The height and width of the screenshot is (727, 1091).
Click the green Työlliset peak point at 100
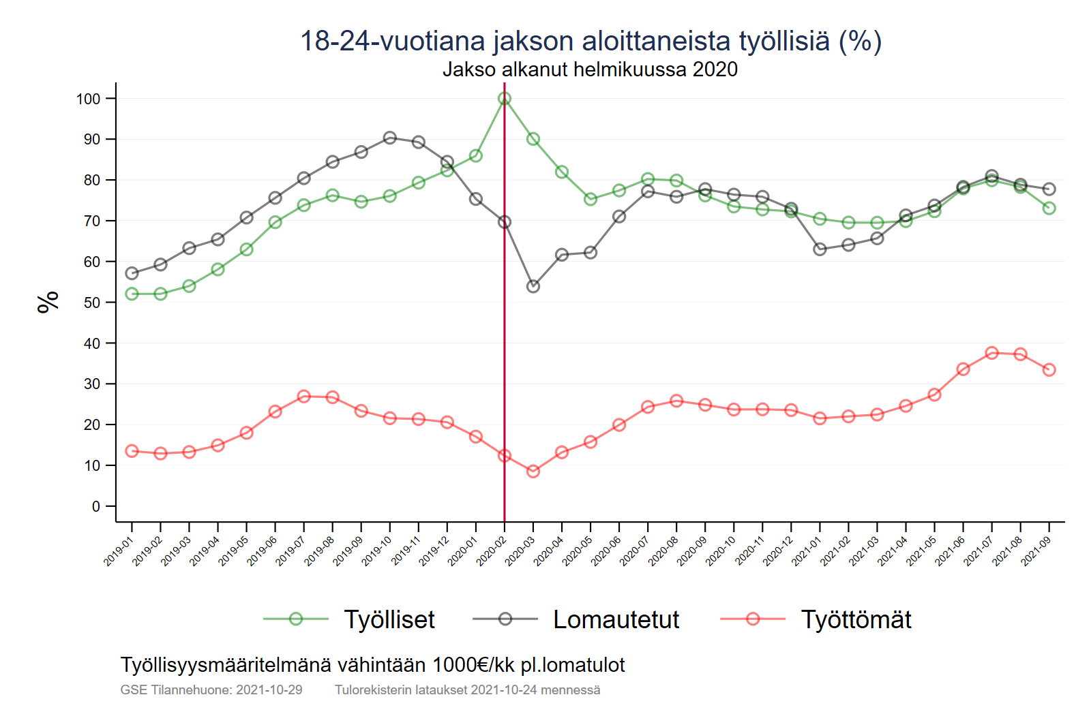[505, 99]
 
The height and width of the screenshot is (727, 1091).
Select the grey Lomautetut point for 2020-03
[533, 286]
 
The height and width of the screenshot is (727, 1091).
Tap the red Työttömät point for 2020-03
[533, 471]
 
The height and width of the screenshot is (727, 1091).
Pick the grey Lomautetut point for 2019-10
[390, 138]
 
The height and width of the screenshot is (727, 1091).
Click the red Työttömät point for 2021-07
[991, 353]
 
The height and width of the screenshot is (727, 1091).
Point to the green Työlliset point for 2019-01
[132, 294]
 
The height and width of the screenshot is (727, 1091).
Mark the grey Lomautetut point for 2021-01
[820, 249]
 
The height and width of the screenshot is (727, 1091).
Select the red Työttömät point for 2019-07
[304, 397]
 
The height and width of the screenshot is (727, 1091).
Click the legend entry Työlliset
[389, 619]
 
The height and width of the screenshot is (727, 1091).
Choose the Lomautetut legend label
[616, 619]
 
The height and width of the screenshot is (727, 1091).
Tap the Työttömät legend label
[856, 619]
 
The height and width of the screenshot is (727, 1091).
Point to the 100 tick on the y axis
[88, 99]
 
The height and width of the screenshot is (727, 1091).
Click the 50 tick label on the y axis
[91, 303]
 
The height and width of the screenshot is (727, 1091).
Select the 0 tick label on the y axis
[96, 506]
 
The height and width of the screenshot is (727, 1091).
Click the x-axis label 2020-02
[491, 551]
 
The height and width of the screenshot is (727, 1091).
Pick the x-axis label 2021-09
[1036, 551]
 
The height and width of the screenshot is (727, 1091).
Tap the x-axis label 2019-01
[118, 551]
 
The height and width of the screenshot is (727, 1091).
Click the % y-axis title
[48, 302]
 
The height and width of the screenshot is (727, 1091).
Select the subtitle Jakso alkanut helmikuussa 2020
[590, 69]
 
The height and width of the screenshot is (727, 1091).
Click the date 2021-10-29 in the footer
[269, 690]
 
